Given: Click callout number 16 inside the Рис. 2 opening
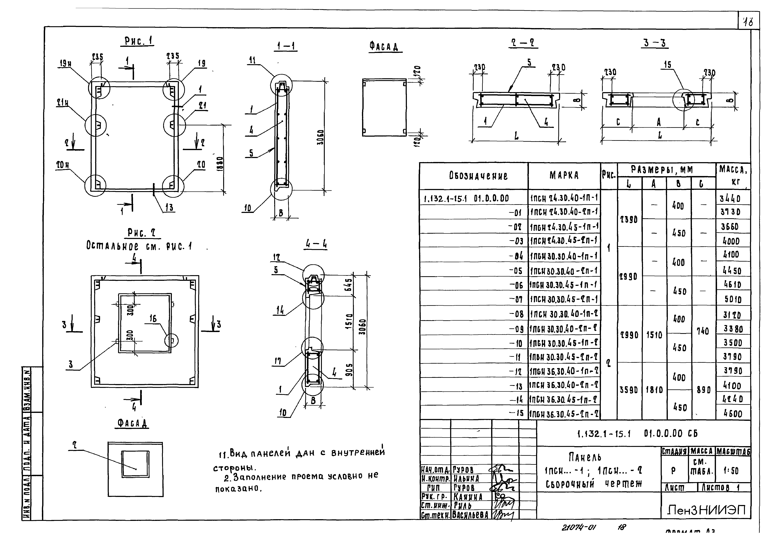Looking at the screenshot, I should click(153, 319).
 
